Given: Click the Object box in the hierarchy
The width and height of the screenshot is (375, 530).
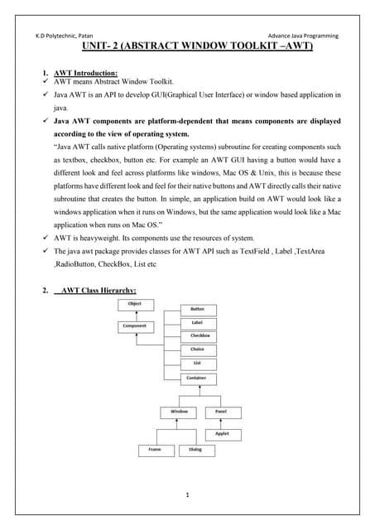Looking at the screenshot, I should (135, 304).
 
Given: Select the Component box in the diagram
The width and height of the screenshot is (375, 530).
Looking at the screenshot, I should (135, 327).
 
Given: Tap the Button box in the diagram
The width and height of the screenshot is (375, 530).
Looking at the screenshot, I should (198, 308).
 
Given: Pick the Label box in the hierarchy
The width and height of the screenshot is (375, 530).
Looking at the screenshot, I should (198, 322).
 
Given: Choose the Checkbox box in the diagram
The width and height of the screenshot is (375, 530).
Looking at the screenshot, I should (198, 336).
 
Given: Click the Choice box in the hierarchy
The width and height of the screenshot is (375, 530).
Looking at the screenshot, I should (198, 350).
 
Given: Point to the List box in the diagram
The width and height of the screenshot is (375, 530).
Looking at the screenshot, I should (198, 364).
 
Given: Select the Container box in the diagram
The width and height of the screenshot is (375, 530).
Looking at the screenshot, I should (198, 378).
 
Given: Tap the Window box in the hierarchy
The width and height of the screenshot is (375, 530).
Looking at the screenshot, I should (180, 412).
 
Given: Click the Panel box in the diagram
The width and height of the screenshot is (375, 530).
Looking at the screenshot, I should (222, 412).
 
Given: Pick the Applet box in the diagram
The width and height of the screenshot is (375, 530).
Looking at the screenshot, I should (222, 433).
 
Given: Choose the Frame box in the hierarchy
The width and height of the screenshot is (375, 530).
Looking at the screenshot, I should (155, 450).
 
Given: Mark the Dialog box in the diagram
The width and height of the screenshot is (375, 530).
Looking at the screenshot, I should (196, 450).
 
